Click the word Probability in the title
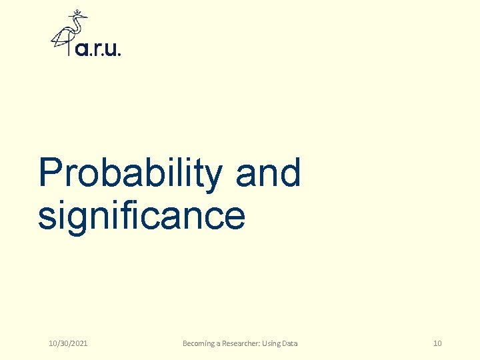[x=131, y=173]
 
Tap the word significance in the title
[x=141, y=216]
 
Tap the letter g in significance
[x=75, y=220]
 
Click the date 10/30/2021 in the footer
[x=68, y=343]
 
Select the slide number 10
[x=437, y=343]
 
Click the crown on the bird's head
[x=79, y=12]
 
